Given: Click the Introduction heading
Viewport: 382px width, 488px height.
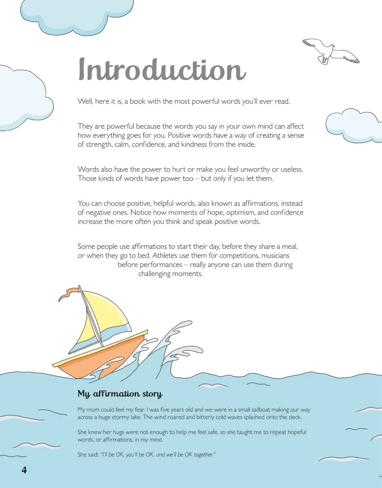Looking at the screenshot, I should tap(162, 70).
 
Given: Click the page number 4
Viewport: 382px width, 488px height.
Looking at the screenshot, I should tap(24, 470).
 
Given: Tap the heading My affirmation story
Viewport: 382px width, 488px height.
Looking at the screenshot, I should tap(120, 394).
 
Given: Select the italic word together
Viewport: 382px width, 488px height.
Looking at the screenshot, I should tap(204, 455).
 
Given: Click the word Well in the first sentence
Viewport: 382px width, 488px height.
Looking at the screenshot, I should tap(85, 101).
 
